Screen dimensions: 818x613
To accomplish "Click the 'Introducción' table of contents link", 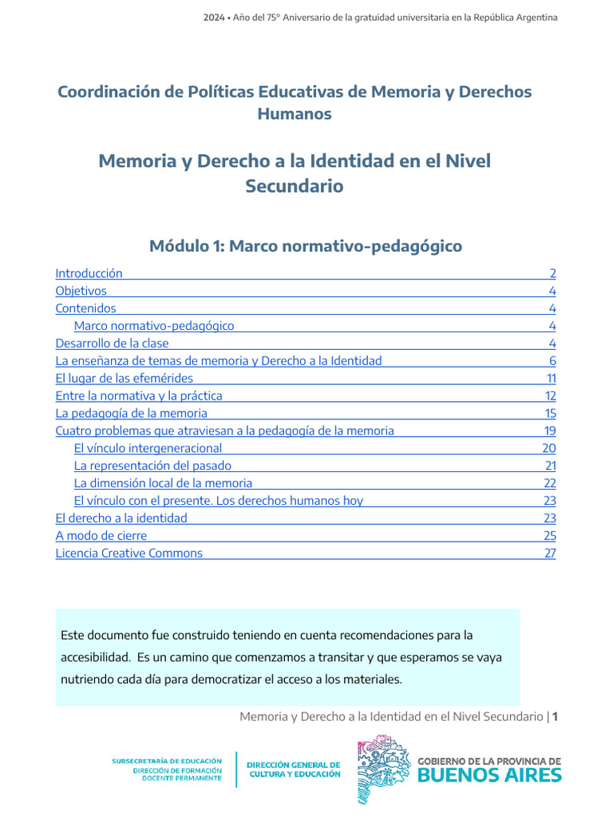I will point(89,273).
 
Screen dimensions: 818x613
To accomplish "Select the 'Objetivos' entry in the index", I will point(81,291).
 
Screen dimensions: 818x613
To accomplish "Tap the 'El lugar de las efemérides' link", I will point(124,378).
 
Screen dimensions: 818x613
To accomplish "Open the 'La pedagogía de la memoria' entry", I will point(131,413).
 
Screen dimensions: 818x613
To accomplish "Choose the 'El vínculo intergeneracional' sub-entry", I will point(148,448).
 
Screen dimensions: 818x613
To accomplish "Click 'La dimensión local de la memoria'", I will point(163,483).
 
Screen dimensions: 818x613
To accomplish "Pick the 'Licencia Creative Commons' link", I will point(129,553).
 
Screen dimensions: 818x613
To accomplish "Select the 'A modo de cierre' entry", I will point(101,535).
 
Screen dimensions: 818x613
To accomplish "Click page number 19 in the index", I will point(549,431).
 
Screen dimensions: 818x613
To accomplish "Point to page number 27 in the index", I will point(549,553).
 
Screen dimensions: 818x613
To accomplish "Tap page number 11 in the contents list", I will point(551,378).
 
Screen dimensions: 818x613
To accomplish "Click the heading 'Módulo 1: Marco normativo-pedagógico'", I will point(306,246).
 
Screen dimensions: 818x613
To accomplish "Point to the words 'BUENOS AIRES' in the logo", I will point(489,775).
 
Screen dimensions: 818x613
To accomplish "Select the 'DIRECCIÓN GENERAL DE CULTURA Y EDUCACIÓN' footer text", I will point(294,769).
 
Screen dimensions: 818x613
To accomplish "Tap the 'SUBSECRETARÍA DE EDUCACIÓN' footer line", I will point(167,761).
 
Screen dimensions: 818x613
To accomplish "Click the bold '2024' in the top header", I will point(214,18).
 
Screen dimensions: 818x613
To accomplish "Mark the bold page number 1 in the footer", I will point(555,717).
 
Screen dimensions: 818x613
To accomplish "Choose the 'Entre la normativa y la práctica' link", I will point(139,395).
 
